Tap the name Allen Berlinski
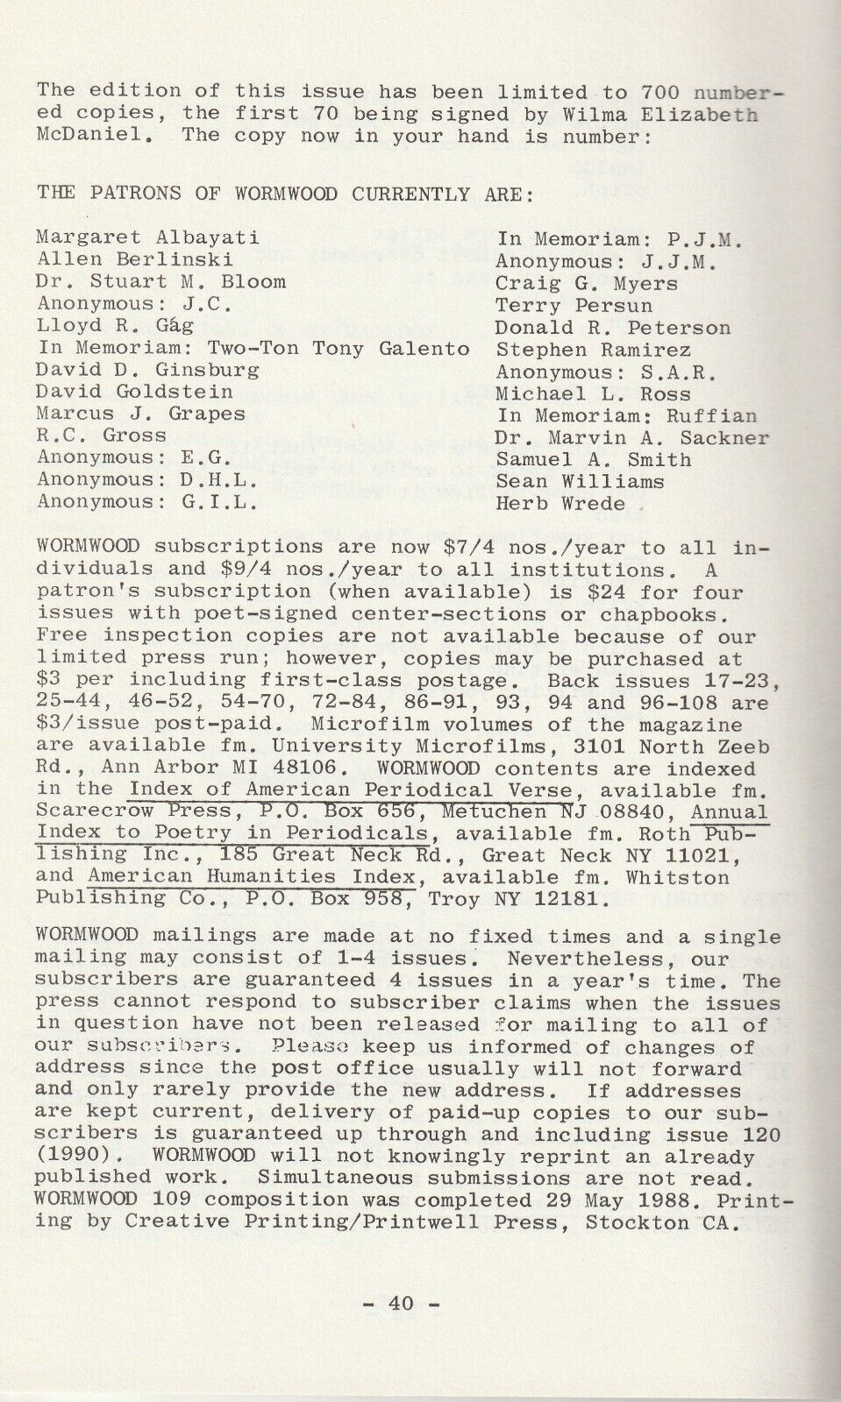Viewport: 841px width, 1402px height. click(134, 259)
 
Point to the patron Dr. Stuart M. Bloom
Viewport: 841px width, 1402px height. click(161, 281)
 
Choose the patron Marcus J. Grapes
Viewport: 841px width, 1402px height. click(140, 414)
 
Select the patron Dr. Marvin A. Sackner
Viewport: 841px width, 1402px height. click(631, 438)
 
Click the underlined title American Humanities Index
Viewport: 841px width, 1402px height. click(251, 877)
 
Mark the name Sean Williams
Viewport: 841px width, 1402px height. click(580, 482)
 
